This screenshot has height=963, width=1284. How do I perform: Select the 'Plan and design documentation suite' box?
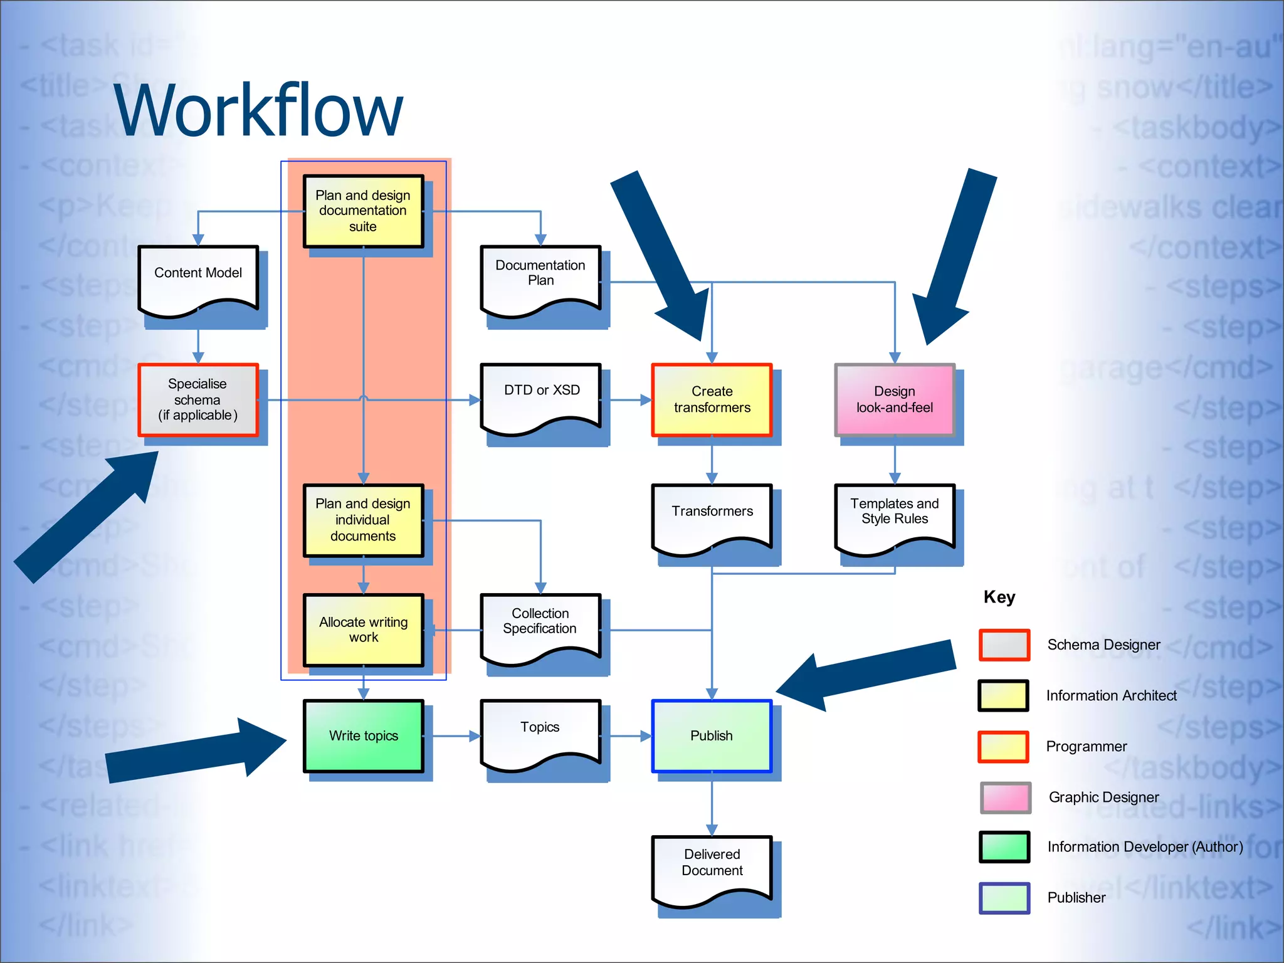(x=363, y=211)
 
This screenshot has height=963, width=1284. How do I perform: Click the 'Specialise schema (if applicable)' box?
(x=198, y=400)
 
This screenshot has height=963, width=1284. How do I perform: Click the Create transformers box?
(x=712, y=400)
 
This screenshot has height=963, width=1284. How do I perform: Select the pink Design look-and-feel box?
(x=895, y=400)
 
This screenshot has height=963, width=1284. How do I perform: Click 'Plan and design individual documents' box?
(x=363, y=520)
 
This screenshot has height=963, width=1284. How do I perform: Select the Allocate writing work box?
(x=363, y=630)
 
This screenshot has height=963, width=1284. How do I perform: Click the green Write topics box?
(x=363, y=736)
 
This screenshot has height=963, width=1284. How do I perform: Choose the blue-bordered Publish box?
(x=712, y=736)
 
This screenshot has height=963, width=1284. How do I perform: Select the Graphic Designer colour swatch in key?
(x=1005, y=797)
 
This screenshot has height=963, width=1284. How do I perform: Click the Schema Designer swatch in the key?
(x=1004, y=645)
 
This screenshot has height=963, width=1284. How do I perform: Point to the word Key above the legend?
(x=999, y=597)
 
